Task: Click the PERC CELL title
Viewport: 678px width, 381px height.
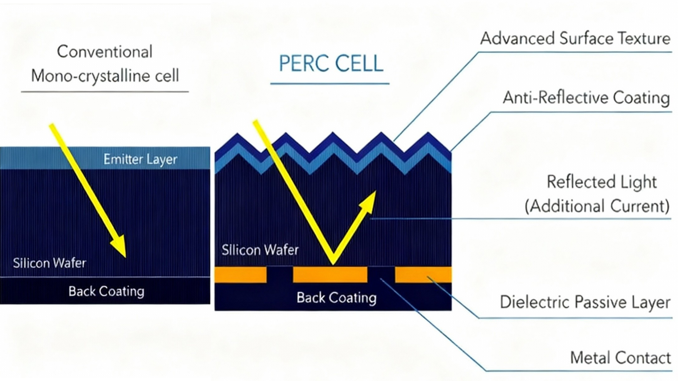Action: [x=331, y=63]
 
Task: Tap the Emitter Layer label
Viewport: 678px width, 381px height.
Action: [x=140, y=159]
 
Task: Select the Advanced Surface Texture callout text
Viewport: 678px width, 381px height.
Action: [x=575, y=38]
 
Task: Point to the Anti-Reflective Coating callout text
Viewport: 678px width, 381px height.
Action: [x=586, y=98]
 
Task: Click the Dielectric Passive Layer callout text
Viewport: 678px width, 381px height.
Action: [x=585, y=302]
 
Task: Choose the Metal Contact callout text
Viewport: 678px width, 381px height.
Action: [x=620, y=358]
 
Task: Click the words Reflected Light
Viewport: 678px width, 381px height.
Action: [x=602, y=182]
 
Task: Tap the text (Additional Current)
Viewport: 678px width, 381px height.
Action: [x=597, y=206]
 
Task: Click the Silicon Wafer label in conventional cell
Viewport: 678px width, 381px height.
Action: [x=49, y=263]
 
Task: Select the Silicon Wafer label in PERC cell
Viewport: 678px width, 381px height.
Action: [x=260, y=250]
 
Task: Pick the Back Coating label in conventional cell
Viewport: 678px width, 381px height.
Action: [x=106, y=291]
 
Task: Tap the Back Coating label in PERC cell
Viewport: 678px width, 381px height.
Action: [x=336, y=298]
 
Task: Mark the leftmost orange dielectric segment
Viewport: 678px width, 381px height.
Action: [x=241, y=275]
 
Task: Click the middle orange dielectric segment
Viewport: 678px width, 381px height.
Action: [x=330, y=275]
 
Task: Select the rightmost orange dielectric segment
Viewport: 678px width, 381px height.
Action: [x=423, y=275]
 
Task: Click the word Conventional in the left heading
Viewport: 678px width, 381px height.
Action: [x=105, y=52]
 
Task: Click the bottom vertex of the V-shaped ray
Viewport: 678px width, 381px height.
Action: [x=333, y=263]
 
